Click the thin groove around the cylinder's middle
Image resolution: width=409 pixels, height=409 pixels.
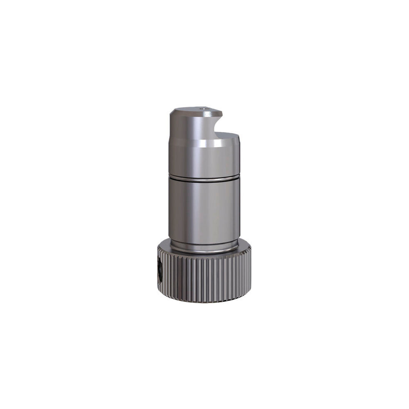coord(204,178)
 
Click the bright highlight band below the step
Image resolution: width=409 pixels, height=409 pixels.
coord(207,146)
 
